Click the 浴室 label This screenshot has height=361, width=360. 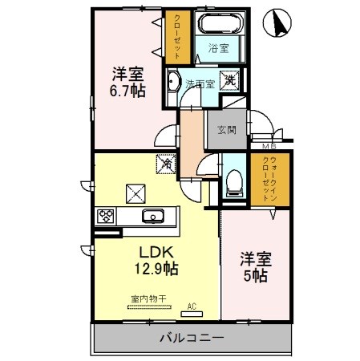tap(217, 48)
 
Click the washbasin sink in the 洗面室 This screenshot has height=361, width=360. tap(174, 81)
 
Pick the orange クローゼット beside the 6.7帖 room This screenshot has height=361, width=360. tap(174, 35)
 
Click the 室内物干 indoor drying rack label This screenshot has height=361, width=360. tap(148, 299)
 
